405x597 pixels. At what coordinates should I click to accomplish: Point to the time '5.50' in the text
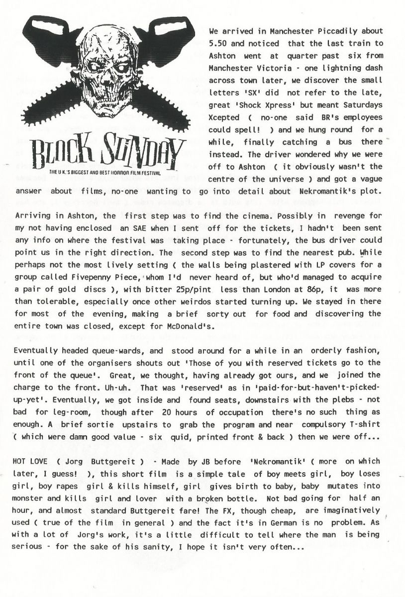218,43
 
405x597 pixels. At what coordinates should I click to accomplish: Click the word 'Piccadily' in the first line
327,30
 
